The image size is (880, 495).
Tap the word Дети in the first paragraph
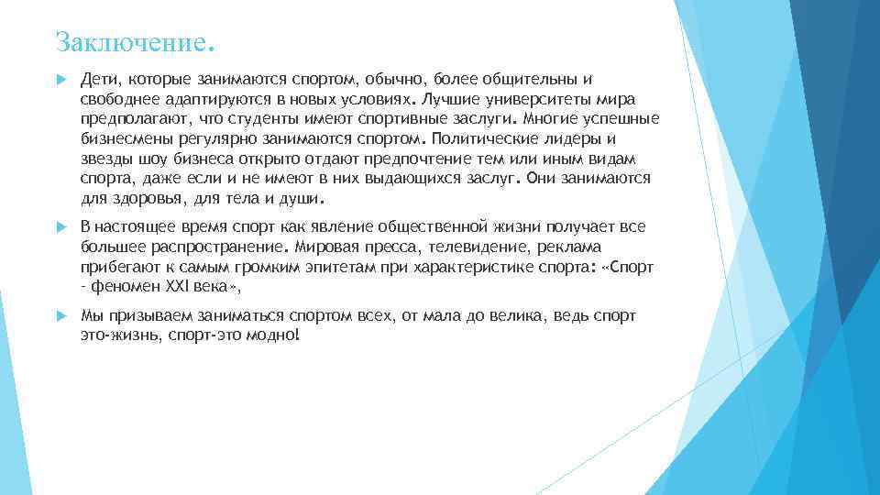97,80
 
